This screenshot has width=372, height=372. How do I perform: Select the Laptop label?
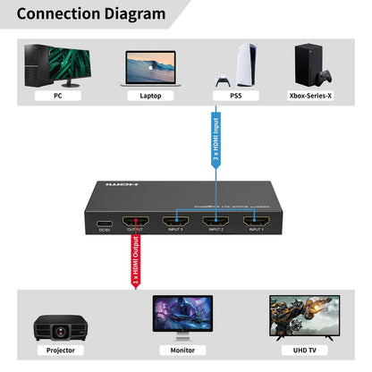coord(150,94)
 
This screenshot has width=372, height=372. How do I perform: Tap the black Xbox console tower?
coord(307,63)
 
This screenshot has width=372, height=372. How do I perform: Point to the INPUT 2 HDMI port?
coord(216,219)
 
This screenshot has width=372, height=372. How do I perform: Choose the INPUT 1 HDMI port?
coord(256,219)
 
